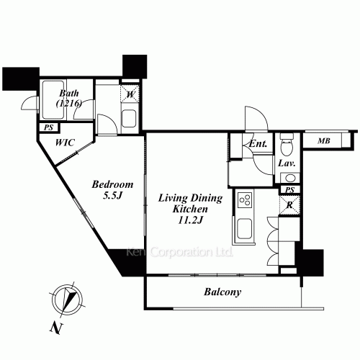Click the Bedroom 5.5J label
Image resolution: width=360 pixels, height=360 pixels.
click(x=112, y=190)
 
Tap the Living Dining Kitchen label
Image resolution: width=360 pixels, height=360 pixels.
click(x=190, y=209)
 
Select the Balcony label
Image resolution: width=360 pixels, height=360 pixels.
click(x=222, y=292)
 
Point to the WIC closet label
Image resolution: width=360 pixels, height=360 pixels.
click(x=65, y=143)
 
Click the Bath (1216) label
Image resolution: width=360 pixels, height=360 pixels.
click(x=69, y=98)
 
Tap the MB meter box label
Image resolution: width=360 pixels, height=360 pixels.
click(x=324, y=141)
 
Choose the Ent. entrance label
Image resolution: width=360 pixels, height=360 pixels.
click(x=258, y=144)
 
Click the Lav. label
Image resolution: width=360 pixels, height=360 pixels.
click(x=287, y=163)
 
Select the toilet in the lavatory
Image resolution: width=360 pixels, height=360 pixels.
click(x=287, y=144)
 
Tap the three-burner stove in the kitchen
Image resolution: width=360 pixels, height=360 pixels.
click(x=245, y=200)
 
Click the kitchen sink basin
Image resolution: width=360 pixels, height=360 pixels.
click(x=244, y=229)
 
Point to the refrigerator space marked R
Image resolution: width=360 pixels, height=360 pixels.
click(x=289, y=205)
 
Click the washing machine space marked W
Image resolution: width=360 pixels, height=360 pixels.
click(x=130, y=94)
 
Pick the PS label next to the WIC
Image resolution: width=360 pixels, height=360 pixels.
click(x=48, y=127)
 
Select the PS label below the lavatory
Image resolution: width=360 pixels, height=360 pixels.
click(x=289, y=190)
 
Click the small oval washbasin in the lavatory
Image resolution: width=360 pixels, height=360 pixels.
click(x=290, y=178)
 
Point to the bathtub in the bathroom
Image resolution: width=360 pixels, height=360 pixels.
click(x=53, y=100)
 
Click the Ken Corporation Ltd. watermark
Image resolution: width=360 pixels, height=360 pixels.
click(x=179, y=252)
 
